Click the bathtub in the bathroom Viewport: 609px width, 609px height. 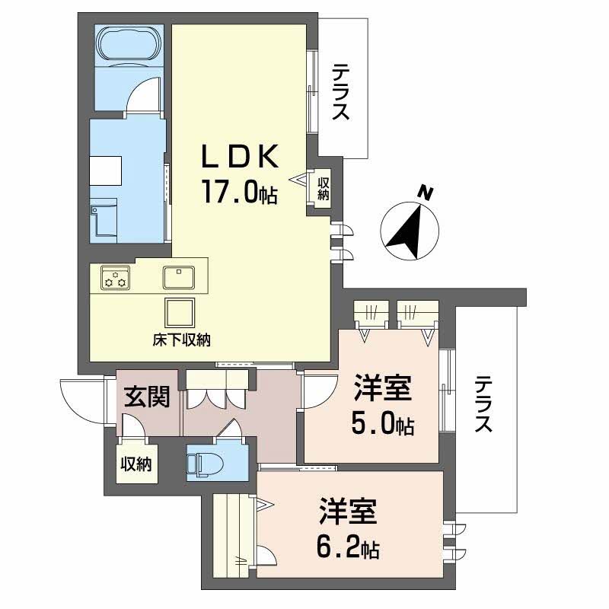127,45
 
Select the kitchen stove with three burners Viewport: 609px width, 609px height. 117,279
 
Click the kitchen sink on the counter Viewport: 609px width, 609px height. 180,277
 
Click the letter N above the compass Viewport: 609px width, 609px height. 426,193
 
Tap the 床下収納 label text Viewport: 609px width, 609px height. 181,340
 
